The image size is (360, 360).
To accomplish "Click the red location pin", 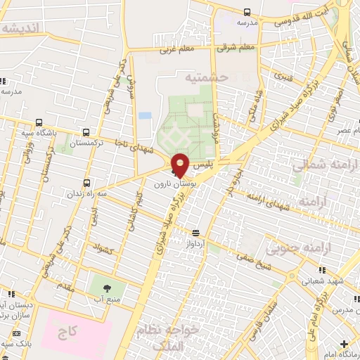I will pyautogui.click(x=181, y=165).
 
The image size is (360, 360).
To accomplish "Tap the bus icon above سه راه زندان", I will pyautogui.click(x=87, y=181).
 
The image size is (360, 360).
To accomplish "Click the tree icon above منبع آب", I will pyautogui.click(x=107, y=288).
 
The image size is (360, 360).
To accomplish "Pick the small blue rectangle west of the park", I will pyautogui.click(x=145, y=115).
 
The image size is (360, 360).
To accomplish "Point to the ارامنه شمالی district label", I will pyautogui.click(x=324, y=166).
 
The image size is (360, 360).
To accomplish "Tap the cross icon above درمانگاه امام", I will pyautogui.click(x=343, y=345).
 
